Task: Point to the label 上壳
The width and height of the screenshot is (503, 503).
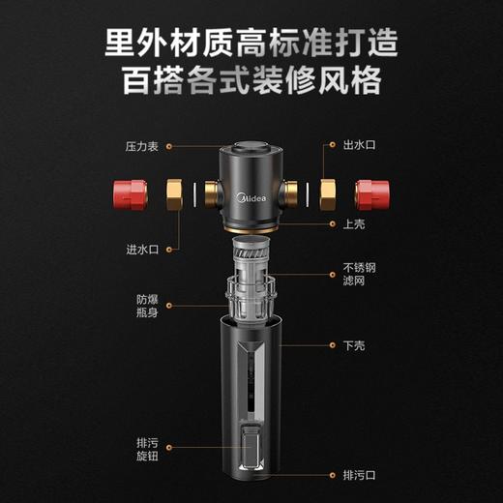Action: pos(352,222)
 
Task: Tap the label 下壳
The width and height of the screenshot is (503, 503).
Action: pos(353,343)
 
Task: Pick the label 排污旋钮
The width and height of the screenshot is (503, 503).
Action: pos(147,450)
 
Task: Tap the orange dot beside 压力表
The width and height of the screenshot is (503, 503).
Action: pos(171,146)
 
